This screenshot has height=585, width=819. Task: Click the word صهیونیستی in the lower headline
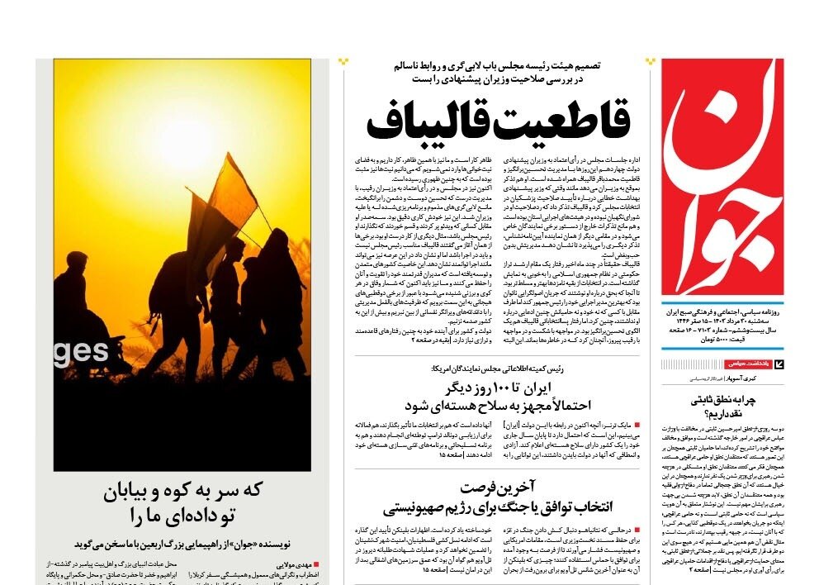coord(417,506)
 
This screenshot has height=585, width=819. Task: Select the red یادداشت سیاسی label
coord(749,364)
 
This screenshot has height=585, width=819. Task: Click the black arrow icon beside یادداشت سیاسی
coord(779,364)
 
